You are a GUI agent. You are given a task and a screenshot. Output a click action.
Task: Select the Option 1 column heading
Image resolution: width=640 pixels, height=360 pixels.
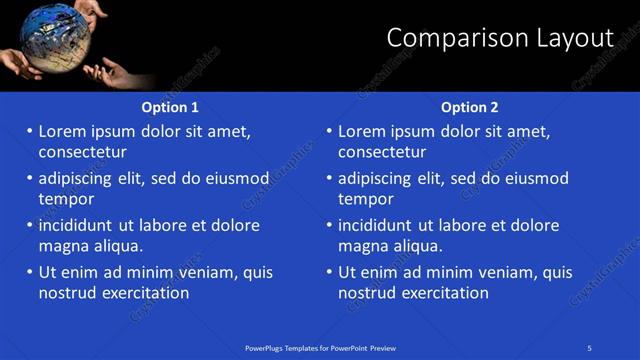[170, 107]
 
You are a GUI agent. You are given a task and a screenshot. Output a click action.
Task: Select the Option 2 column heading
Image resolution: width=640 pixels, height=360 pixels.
[469, 107]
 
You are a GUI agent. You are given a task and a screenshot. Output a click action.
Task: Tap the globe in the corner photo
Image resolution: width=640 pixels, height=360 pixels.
[49, 39]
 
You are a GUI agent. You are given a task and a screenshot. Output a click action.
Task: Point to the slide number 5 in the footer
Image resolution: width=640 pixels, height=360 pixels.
[589, 347]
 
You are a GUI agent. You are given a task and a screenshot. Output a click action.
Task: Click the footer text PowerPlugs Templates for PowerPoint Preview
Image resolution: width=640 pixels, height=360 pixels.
[320, 347]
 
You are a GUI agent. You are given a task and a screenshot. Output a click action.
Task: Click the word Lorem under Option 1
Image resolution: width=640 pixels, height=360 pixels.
[63, 131]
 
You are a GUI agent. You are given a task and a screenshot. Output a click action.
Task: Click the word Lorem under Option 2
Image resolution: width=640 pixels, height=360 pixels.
[362, 131]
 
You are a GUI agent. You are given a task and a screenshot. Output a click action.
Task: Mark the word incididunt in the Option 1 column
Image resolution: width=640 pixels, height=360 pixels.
[76, 225]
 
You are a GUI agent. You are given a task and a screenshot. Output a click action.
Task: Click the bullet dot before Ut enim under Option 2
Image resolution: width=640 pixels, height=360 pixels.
[328, 272]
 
